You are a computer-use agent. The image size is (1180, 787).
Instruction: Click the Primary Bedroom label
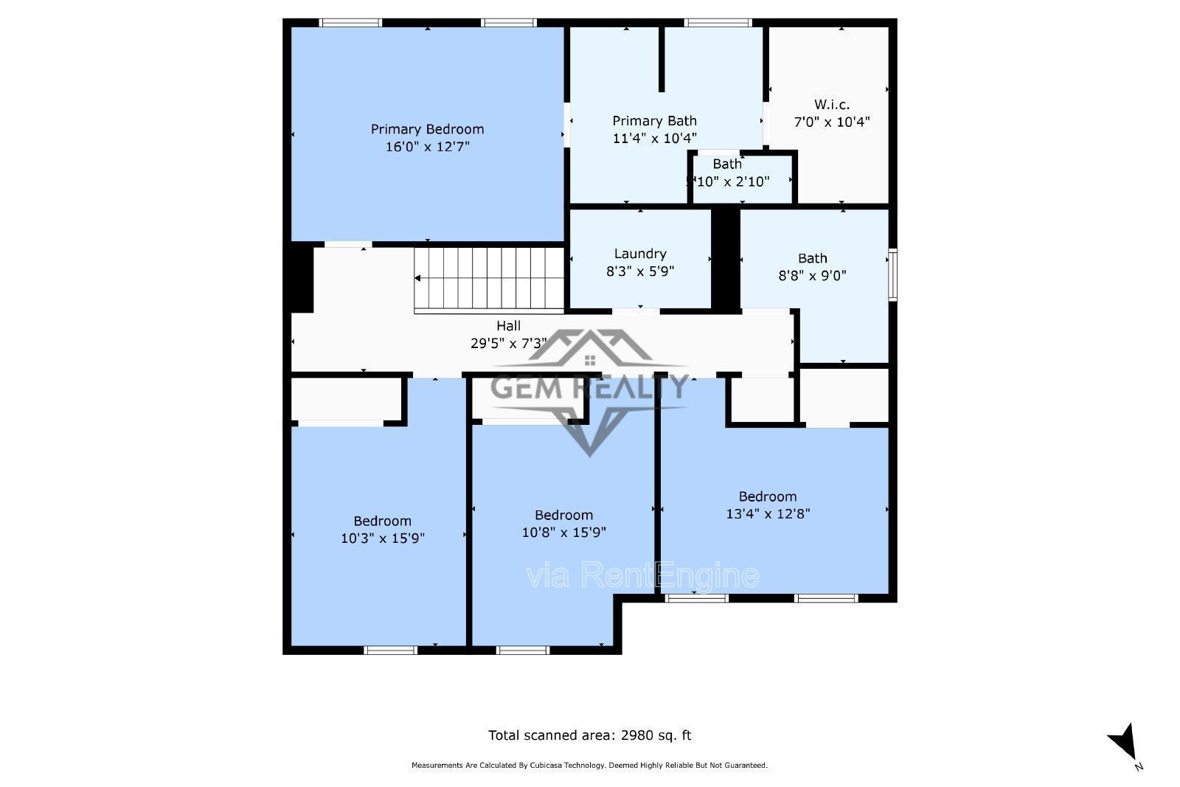427,129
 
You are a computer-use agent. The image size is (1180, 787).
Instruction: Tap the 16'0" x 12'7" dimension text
427,147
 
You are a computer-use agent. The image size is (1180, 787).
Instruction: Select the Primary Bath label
654,120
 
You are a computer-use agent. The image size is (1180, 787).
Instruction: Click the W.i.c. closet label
831,104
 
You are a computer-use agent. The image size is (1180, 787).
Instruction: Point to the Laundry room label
639,254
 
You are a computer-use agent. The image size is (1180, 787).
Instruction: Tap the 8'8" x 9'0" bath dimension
812,276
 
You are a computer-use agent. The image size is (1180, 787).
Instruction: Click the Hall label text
508,325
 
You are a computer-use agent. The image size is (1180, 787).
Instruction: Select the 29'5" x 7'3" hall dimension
508,343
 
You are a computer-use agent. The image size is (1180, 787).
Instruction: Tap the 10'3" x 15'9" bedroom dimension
382,538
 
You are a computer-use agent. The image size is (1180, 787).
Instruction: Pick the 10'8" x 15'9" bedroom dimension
563,533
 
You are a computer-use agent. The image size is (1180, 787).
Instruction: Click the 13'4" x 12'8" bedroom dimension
768,514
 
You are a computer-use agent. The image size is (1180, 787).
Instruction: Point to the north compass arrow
1123,741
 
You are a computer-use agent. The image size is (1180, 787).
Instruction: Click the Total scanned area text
589,735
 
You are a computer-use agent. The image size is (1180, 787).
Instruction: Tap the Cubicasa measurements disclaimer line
589,766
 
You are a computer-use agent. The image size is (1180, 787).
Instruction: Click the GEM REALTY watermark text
589,388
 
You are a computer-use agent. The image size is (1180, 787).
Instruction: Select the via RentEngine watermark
642,576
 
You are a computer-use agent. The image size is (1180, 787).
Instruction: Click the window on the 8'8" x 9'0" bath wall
892,275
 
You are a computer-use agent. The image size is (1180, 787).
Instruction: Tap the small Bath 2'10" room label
727,164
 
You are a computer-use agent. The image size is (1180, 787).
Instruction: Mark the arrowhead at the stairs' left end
417,278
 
